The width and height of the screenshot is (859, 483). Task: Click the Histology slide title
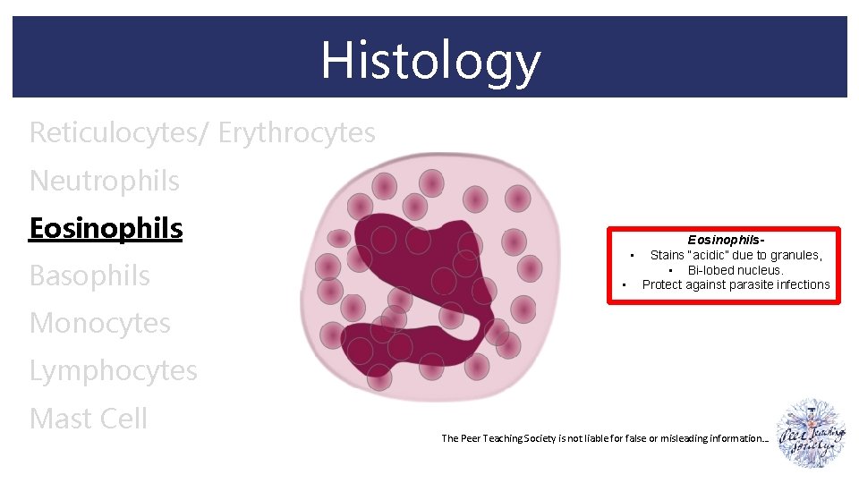pyautogui.click(x=430, y=60)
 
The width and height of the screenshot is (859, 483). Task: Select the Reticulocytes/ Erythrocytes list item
pyautogui.click(x=202, y=133)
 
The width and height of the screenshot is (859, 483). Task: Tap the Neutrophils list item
pyautogui.click(x=105, y=181)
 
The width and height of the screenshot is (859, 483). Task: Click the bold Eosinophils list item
pyautogui.click(x=106, y=228)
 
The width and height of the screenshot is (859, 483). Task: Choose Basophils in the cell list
pyautogui.click(x=89, y=275)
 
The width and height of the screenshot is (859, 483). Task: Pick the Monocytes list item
pyautogui.click(x=99, y=323)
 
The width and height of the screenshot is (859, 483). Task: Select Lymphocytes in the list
pyautogui.click(x=113, y=370)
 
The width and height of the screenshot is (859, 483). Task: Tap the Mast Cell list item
pyautogui.click(x=89, y=418)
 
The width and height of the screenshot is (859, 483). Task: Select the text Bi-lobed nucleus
pyautogui.click(x=736, y=270)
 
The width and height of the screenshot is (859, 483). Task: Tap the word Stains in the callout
pyautogui.click(x=668, y=255)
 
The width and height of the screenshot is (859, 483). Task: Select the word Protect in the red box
pyautogui.click(x=663, y=284)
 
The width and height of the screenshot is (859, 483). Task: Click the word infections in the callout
pyautogui.click(x=804, y=284)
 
